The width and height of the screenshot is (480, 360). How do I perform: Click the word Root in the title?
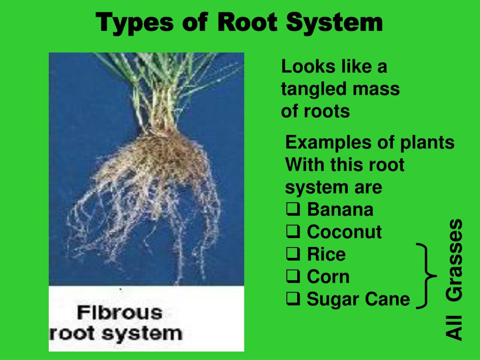coord(247,22)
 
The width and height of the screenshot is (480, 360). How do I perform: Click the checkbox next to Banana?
coord(293,210)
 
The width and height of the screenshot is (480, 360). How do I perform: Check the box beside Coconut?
coord(293,232)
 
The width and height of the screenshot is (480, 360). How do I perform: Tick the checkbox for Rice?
coord(293,254)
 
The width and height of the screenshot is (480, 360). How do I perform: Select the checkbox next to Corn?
coord(293,277)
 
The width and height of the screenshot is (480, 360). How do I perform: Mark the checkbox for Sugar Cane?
coord(293,299)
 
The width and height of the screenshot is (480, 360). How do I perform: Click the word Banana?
coord(340,210)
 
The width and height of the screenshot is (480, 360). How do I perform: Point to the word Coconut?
coord(345,232)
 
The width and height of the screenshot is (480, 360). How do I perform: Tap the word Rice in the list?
coord(326,254)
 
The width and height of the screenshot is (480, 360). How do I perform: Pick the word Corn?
coord(328,277)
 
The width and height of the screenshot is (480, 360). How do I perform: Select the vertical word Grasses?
coord(454,260)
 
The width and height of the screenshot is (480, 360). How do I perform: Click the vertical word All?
coord(454,328)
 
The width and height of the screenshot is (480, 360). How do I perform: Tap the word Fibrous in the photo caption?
coord(120,313)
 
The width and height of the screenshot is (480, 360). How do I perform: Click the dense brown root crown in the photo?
coord(162,153)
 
